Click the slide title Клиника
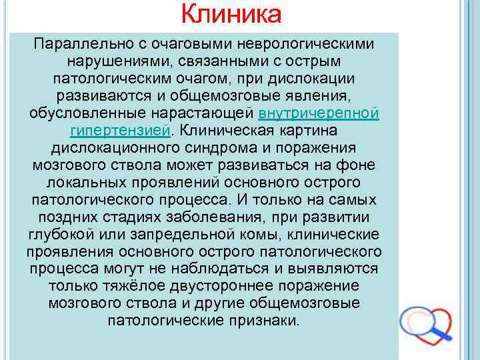tap(231, 14)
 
